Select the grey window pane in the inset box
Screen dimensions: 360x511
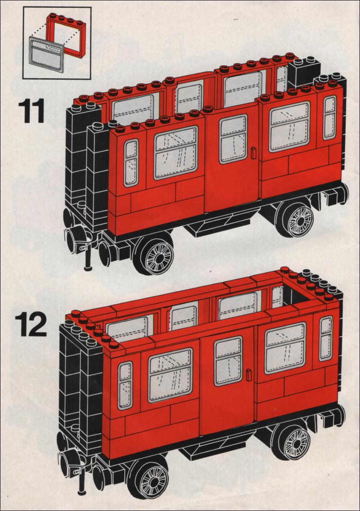click(46, 54)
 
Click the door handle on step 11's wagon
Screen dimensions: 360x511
click(254, 153)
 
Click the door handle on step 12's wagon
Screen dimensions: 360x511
click(249, 375)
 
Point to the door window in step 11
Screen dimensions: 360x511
click(233, 139)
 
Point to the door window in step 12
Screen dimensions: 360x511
click(228, 361)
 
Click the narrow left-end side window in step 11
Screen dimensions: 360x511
click(131, 163)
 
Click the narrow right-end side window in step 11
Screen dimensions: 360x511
click(330, 118)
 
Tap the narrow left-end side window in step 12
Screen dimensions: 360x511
click(125, 385)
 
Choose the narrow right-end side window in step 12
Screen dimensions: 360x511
click(326, 339)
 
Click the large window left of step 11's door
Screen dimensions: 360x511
click(176, 153)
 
